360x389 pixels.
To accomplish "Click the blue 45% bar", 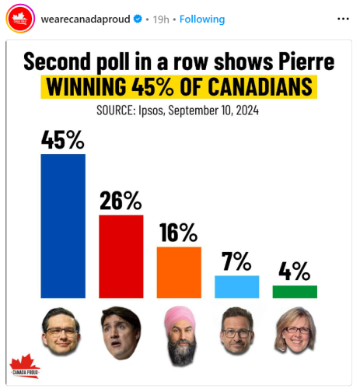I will pos(63,226).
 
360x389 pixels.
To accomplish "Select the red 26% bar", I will pos(121,256).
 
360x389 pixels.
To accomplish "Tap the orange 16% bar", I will pos(179,272).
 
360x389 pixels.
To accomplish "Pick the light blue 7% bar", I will pos(236,286).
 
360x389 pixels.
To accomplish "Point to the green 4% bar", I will pos(295,292).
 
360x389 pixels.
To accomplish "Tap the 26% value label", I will pos(121,201).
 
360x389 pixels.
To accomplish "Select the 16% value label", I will pos(179,233).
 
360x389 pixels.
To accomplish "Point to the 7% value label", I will pos(236,261).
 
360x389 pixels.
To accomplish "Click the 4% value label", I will pos(295,272).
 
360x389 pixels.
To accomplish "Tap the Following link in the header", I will pos(202,19).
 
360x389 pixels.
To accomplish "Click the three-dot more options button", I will pos(343,18).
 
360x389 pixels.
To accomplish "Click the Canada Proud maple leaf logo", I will pos(24,366).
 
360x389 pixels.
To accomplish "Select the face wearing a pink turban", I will pos(180,335).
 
